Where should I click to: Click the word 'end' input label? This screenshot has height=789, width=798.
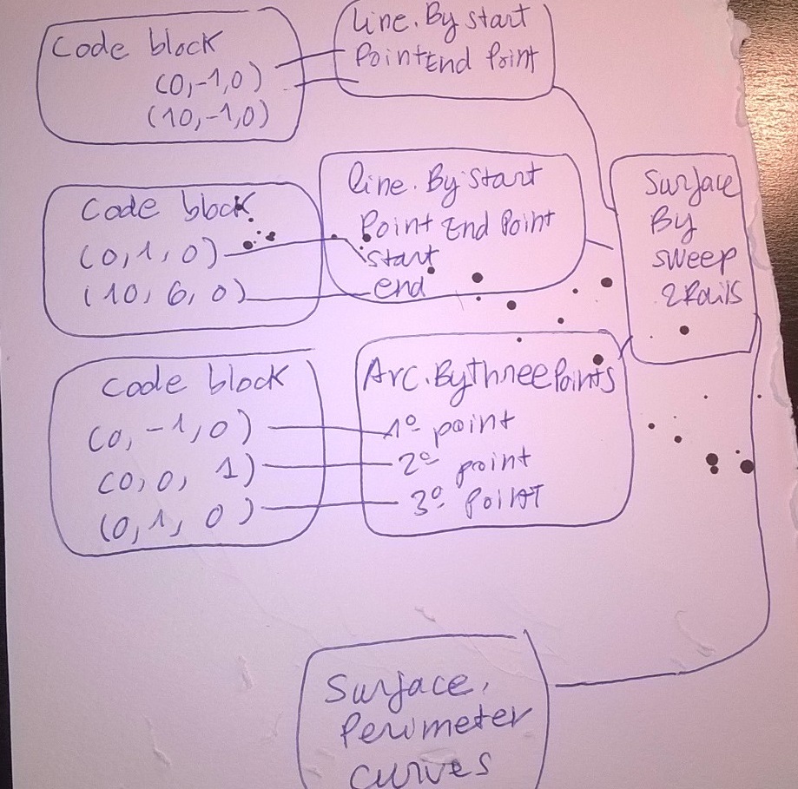pyautogui.click(x=399, y=287)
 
